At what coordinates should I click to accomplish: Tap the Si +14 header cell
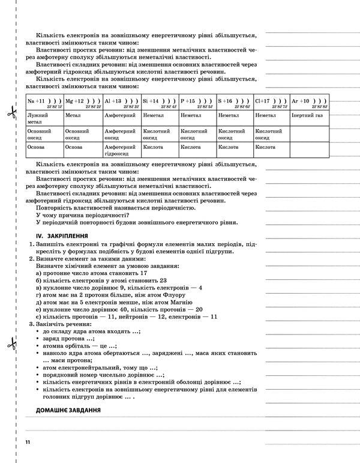160,103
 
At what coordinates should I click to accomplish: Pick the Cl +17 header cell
271,103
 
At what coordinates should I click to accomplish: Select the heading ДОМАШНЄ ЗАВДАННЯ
68,410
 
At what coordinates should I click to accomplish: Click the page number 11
28,443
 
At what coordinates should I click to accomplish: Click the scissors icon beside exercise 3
10,345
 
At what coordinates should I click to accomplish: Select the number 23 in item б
163,280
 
